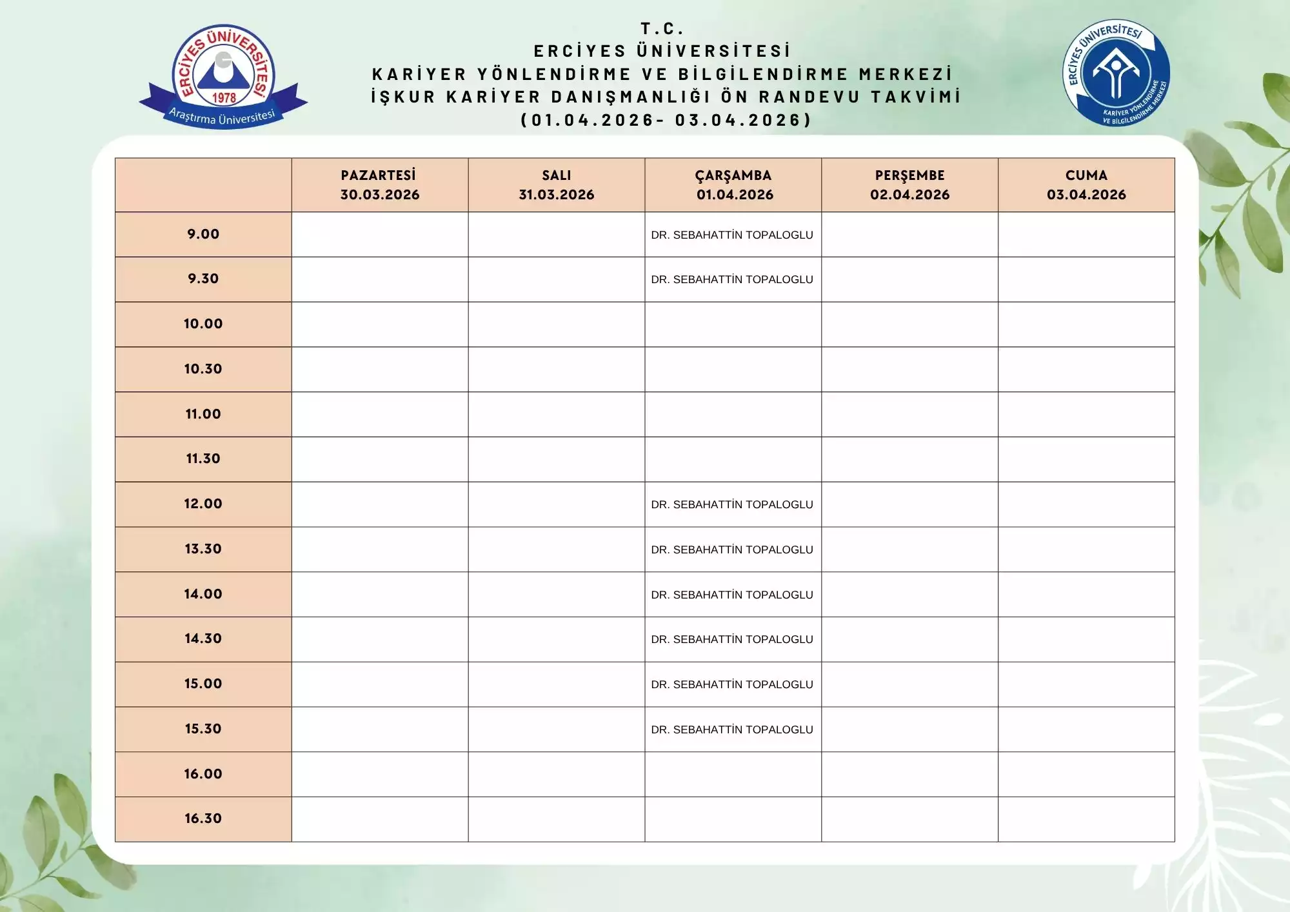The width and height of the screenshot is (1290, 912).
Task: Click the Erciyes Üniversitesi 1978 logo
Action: tap(223, 76)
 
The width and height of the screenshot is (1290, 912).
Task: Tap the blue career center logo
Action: tap(1116, 72)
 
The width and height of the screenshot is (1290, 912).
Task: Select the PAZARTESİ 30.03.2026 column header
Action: tap(379, 185)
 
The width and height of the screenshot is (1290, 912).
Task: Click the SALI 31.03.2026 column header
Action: tap(556, 185)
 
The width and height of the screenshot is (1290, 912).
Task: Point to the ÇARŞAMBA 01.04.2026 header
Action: tap(733, 185)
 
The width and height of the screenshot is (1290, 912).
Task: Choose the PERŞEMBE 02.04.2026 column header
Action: tap(909, 185)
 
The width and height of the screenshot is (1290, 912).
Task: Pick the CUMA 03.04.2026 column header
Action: tap(1086, 185)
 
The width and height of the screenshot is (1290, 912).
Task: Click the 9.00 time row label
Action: tap(203, 234)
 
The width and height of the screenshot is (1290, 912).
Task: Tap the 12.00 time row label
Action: tap(203, 504)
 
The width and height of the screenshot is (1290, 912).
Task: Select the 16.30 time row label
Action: tap(203, 818)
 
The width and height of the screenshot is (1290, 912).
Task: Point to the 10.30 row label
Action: tap(203, 369)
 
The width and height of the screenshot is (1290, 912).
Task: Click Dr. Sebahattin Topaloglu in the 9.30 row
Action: tap(732, 279)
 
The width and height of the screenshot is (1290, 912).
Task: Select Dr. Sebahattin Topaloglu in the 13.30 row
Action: tap(732, 550)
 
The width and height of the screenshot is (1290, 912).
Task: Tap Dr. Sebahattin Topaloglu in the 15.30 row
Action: tap(732, 729)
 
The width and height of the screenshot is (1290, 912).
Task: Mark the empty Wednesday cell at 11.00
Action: tap(733, 414)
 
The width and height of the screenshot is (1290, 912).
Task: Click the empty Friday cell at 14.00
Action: tap(1086, 594)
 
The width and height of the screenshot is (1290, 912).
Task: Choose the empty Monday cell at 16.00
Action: tap(379, 774)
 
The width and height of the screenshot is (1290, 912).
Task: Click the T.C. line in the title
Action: tap(662, 28)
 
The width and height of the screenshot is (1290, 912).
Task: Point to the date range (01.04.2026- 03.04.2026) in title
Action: tap(666, 120)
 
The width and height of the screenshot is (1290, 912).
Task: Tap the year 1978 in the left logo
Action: tap(224, 98)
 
